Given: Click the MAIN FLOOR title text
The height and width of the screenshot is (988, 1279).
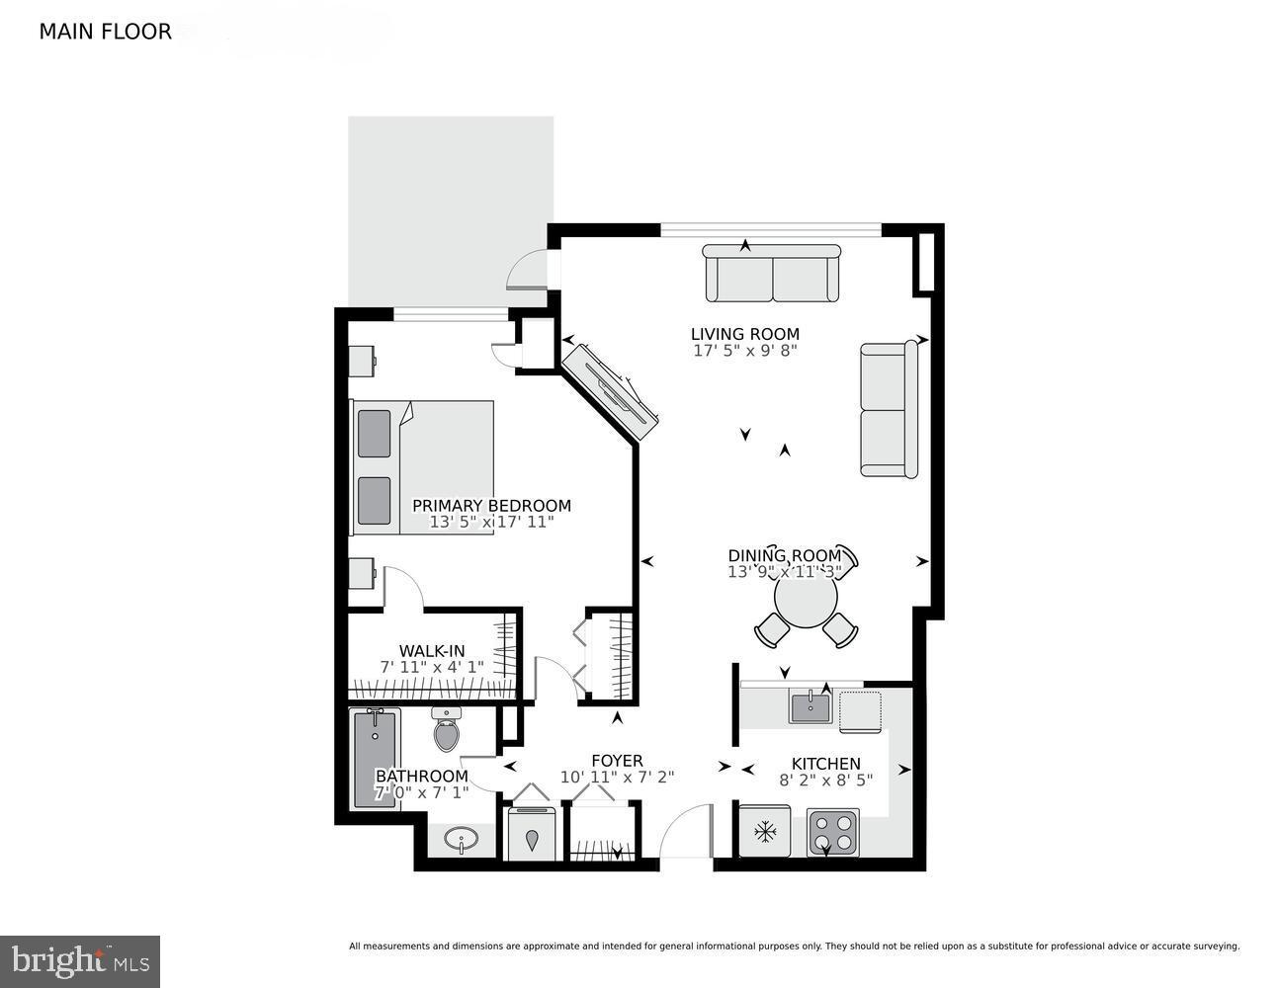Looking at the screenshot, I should coord(105,32).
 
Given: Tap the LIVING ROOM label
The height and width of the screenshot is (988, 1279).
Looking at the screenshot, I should coord(744,334).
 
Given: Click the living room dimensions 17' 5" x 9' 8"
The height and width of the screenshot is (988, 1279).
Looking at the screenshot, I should coord(744,350).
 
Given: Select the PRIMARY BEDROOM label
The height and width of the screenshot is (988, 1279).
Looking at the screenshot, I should coord(491,505).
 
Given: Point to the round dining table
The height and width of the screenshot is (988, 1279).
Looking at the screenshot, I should coord(806,599).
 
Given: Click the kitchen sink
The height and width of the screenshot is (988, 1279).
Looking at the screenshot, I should coord(810,707).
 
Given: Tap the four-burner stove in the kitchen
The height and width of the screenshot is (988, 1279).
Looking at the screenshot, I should coord(832,832).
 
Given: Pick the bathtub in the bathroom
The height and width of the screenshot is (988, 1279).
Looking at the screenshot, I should coord(375,757).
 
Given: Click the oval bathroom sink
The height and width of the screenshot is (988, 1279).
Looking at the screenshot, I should coord(461,841).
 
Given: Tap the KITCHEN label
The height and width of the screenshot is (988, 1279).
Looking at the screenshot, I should coord(825,764).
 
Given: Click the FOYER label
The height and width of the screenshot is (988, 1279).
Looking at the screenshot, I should coord(617,761).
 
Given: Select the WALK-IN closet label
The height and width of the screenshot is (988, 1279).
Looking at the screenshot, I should coord(431,651).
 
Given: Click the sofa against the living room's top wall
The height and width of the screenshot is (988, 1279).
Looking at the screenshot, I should coord(772,274).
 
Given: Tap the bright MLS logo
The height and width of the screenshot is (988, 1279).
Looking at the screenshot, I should coord(80,960).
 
